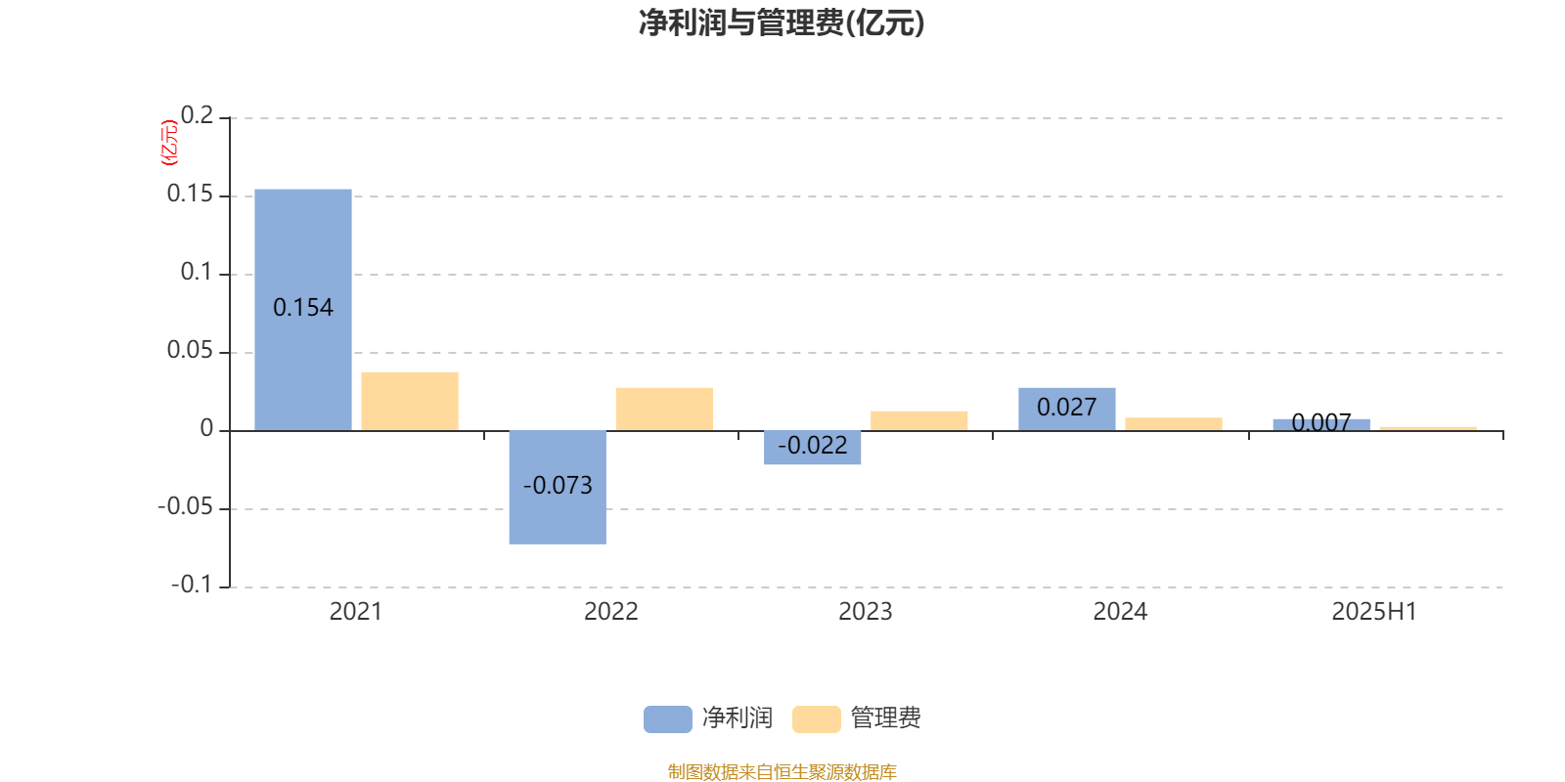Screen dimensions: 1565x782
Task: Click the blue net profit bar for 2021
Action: pos(303,310)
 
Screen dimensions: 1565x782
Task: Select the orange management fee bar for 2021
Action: pos(410,402)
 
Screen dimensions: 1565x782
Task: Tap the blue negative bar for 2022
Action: pos(558,488)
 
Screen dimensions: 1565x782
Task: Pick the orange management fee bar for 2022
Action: pos(664,410)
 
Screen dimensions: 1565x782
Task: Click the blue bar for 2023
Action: pos(813,448)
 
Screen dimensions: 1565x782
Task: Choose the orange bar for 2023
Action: pos(918,421)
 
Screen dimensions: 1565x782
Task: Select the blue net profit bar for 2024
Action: pos(1067,410)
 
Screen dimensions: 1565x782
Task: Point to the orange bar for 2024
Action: pos(1174,424)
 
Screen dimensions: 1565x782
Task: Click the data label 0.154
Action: pos(303,308)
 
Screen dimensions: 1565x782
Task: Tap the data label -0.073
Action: pos(558,485)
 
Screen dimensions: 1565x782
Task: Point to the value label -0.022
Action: pos(813,446)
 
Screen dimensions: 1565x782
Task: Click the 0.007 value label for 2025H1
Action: pos(1321,422)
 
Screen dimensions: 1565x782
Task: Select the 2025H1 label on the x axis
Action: pos(1374,612)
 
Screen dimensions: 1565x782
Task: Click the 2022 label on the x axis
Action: pos(610,612)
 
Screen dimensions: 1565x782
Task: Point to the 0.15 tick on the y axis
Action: pos(190,195)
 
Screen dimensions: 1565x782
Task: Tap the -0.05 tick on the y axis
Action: pos(185,507)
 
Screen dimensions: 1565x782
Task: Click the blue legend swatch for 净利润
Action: pos(668,719)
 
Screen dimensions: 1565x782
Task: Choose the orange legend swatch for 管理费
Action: pos(816,719)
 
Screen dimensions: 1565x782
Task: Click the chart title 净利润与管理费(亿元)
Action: pos(782,23)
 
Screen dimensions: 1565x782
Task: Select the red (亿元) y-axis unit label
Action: pos(170,143)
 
